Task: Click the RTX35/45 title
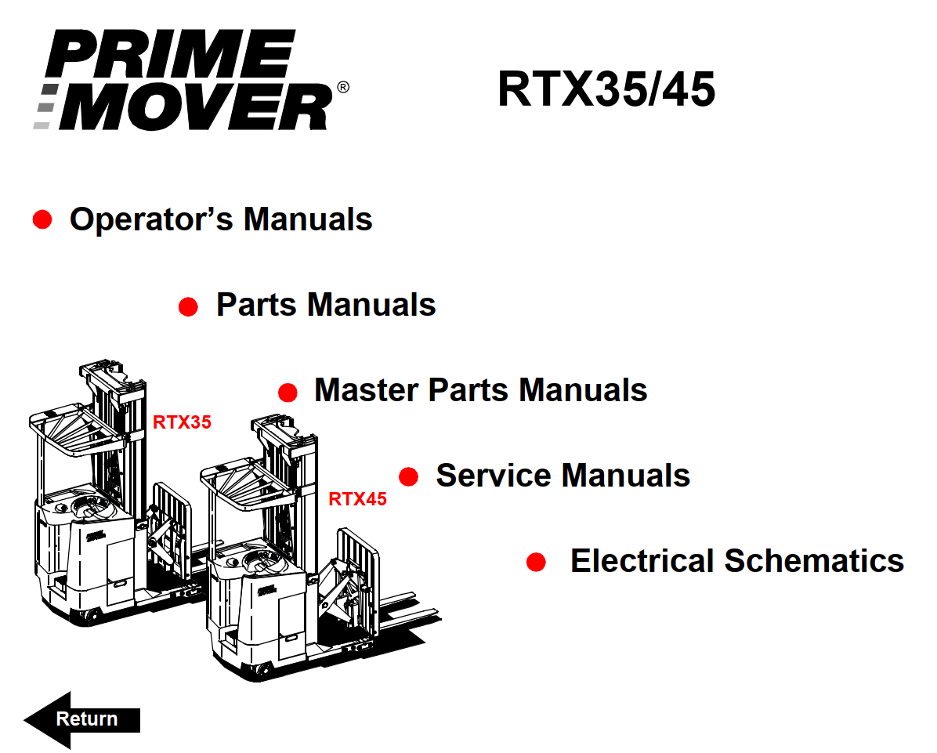coord(606,89)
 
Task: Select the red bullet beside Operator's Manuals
coord(42,219)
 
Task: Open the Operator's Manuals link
coord(221,219)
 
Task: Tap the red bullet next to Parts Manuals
coord(188,306)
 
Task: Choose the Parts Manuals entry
coord(326,305)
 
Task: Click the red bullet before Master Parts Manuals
coord(288,392)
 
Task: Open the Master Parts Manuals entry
coord(480,390)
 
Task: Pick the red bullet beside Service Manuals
coord(409,476)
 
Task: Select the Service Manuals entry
coord(563,476)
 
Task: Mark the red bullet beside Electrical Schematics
coord(536,562)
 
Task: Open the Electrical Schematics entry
coord(736,561)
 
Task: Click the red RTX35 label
coord(182,422)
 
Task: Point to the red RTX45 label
coord(357,499)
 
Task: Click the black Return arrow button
coord(82,719)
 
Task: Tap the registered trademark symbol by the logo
coord(343,87)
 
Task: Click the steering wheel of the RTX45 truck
coord(260,561)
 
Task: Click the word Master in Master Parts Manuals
coord(366,390)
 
